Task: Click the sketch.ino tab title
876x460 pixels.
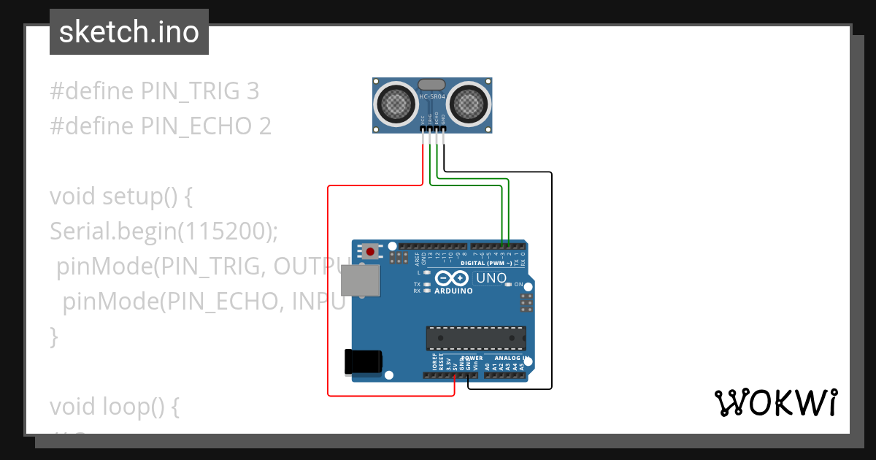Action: (x=128, y=32)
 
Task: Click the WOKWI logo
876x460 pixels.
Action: (x=775, y=402)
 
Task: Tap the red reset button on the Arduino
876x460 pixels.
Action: (x=371, y=252)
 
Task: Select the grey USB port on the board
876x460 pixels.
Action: (x=361, y=280)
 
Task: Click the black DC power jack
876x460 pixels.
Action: (x=364, y=361)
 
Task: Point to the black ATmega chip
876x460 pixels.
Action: (x=476, y=338)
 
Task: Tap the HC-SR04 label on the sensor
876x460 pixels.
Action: (x=433, y=96)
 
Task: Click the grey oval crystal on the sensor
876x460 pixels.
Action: (x=432, y=85)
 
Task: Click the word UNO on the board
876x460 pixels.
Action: (x=491, y=278)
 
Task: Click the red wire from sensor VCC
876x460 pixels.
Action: (x=328, y=292)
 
